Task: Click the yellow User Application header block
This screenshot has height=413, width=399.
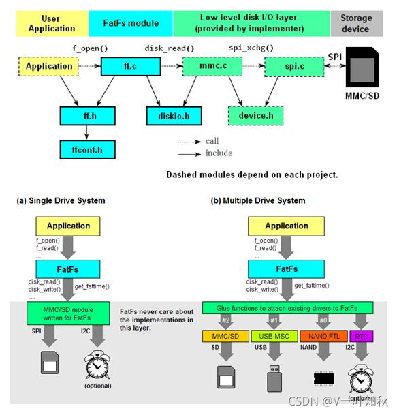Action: click(x=52, y=23)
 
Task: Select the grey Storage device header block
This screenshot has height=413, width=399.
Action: click(x=356, y=23)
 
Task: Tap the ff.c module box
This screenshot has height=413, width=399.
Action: click(x=130, y=67)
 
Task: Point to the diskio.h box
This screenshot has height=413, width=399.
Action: click(x=174, y=117)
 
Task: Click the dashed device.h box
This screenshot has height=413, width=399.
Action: click(x=255, y=116)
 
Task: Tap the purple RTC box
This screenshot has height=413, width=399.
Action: click(x=360, y=337)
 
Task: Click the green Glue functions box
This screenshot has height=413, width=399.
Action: click(x=287, y=308)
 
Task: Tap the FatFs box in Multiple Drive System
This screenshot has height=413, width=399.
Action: click(x=287, y=269)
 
